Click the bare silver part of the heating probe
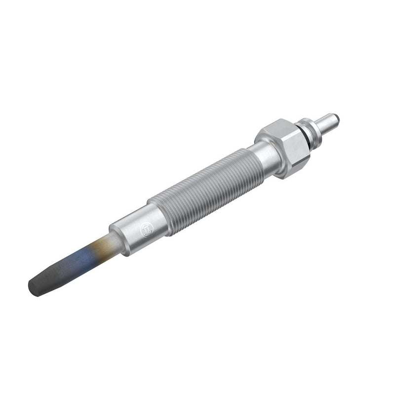tap(110, 242)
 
